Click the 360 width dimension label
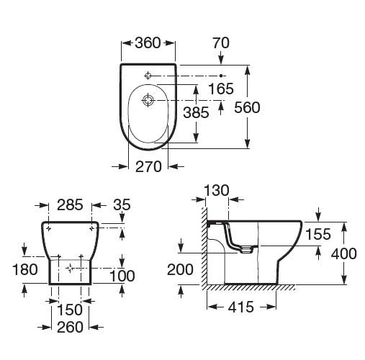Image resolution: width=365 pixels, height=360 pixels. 148,43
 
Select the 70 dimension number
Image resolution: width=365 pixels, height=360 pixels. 221,43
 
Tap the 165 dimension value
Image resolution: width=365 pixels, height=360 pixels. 221,89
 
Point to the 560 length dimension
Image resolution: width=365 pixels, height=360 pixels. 247,107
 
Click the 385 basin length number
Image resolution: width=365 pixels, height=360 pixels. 196,112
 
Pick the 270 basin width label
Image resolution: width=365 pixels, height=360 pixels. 148,166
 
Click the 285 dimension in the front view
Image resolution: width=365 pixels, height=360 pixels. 70,205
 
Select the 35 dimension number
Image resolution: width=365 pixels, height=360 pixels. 122,204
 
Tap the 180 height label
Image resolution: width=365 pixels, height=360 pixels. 25,269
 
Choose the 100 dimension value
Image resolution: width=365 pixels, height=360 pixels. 122,276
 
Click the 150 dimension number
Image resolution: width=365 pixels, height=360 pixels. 70,310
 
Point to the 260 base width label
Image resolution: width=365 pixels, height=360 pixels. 70,327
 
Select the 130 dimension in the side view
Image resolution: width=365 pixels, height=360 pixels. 217,191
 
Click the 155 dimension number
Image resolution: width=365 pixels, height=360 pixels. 318,234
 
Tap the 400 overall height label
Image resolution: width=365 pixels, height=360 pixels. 344,253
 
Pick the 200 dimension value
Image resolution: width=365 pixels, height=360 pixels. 180,269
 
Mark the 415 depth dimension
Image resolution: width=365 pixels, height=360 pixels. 240,307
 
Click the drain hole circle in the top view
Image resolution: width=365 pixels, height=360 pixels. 148,100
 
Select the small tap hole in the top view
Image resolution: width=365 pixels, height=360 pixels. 148,76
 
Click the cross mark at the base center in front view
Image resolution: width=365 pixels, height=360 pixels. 70,268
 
